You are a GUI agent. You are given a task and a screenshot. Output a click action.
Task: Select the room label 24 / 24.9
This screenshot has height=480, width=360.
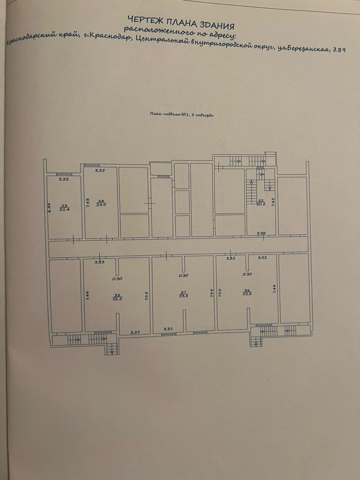tap(100, 202)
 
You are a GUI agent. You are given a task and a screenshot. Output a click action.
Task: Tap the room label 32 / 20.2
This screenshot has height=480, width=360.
tap(261, 202)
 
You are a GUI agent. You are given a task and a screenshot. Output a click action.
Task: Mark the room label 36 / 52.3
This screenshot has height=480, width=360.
tap(247, 292)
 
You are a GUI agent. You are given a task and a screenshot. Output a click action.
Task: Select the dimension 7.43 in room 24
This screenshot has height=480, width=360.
tap(87, 203)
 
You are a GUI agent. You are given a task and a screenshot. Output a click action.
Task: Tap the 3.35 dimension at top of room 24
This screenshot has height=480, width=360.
tap(100, 171)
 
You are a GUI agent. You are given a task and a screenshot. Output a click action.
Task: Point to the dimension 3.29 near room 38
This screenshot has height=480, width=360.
tap(135, 332)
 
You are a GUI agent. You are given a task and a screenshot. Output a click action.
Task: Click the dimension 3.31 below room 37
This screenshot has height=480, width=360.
tap(168, 329)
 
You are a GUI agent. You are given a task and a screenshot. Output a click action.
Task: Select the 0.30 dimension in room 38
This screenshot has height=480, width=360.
tap(117, 279)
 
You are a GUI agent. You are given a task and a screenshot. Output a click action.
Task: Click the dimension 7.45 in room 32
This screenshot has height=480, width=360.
tap(273, 202)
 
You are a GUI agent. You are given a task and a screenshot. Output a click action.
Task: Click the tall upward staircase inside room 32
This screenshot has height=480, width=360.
tap(250, 192)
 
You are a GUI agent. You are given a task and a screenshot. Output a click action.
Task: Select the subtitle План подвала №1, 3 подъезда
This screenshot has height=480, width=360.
tap(181, 115)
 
